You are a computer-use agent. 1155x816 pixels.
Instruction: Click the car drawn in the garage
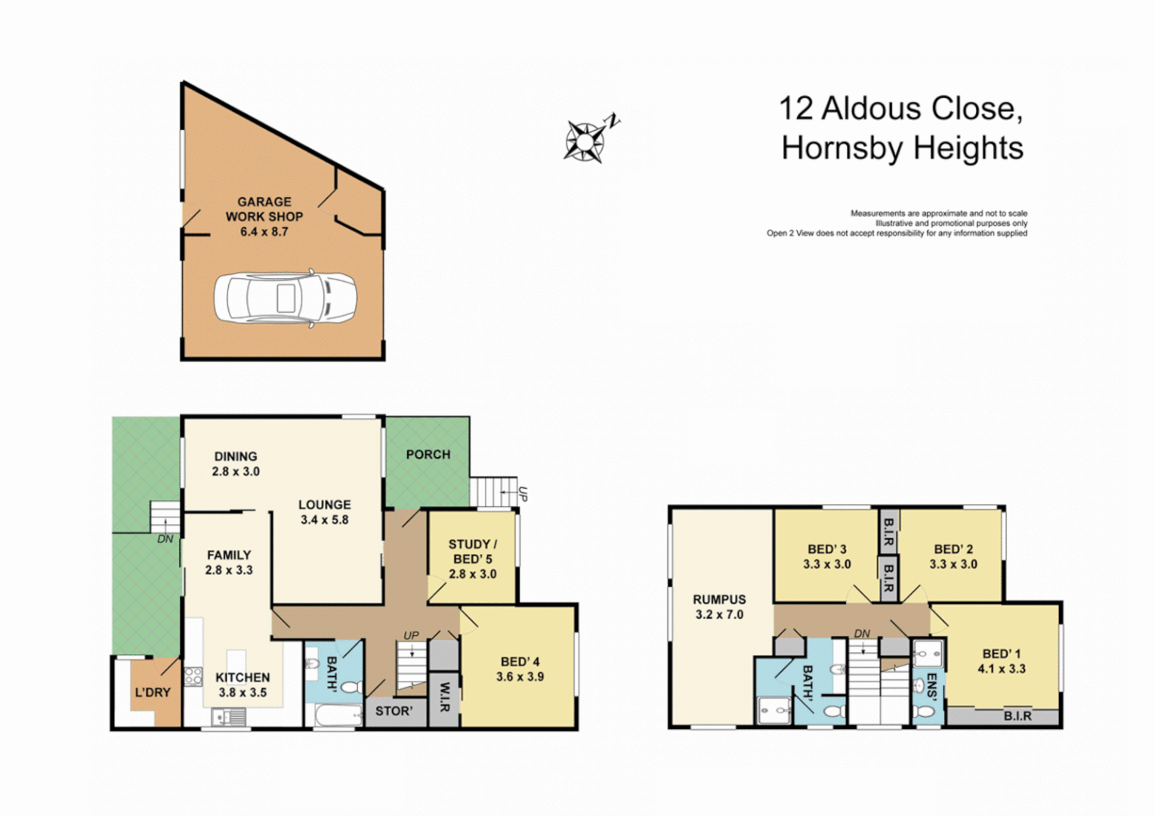[285, 298]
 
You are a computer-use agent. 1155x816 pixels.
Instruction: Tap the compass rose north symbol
[585, 141]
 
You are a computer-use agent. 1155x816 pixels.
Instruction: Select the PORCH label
[428, 455]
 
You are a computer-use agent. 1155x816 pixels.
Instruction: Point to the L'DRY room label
[153, 692]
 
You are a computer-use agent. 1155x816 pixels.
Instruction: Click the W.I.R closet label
[444, 697]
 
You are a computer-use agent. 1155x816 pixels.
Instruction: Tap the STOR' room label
[394, 711]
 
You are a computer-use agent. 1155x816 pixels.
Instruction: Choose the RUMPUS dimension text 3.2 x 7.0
[719, 615]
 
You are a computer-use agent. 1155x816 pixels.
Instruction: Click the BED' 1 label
[1001, 654]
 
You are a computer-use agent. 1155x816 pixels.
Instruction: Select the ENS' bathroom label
[931, 687]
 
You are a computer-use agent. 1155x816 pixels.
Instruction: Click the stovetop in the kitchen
[193, 675]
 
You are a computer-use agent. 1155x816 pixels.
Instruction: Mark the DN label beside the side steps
[165, 539]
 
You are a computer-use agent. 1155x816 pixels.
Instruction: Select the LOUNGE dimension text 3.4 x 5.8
[324, 521]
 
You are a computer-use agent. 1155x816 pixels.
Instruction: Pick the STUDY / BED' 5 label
[472, 552]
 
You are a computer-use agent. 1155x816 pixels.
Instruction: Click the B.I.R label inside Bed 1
[1017, 716]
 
